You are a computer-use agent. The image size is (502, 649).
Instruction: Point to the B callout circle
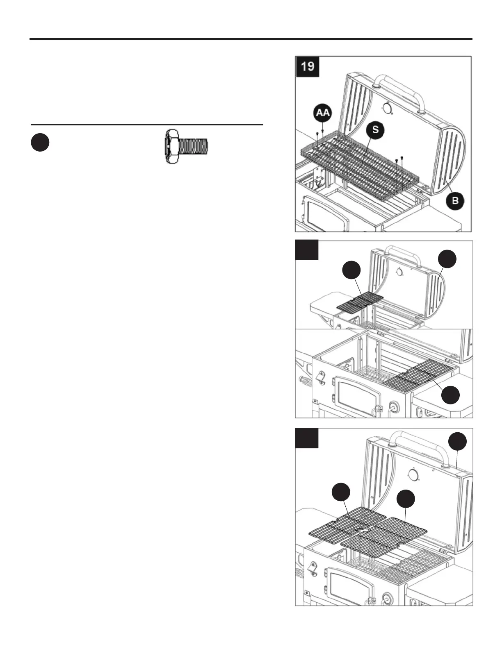(455, 201)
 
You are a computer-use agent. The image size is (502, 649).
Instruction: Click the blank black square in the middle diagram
(307, 250)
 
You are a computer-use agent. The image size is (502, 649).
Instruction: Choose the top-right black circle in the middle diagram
(447, 259)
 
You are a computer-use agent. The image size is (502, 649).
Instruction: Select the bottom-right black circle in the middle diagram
(451, 395)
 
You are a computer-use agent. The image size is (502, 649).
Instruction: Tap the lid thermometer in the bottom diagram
(413, 475)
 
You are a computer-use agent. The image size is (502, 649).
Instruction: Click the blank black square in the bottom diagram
(307, 438)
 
